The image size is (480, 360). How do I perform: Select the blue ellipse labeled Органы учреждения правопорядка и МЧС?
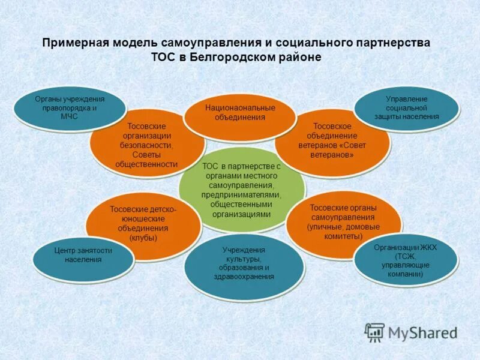(69, 108)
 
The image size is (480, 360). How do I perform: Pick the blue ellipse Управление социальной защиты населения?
(406, 107)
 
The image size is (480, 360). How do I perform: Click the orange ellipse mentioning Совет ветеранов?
(332, 140)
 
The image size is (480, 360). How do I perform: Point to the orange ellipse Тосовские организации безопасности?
(147, 145)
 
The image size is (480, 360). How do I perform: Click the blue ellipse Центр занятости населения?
(83, 256)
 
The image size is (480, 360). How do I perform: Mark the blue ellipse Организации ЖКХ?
(406, 260)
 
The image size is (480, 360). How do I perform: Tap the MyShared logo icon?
(374, 332)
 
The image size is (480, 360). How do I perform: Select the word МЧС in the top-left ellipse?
(70, 117)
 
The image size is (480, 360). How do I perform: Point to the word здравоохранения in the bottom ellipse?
(244, 277)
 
